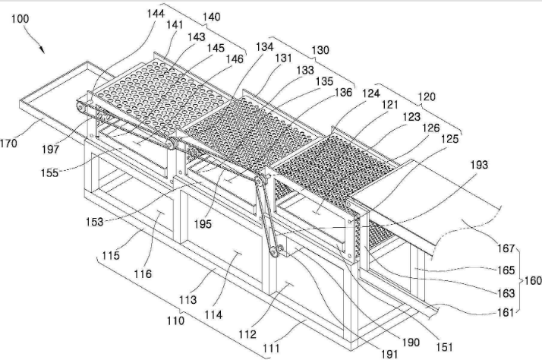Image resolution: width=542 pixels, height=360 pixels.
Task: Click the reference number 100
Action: (20, 19)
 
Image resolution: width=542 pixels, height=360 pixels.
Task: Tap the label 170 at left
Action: (8, 144)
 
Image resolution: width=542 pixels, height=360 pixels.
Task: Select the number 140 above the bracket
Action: (211, 17)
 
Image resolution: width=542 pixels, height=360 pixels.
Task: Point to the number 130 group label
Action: (320, 50)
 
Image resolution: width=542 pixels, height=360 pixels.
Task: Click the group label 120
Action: (427, 96)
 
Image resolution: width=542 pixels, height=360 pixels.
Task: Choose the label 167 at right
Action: (506, 248)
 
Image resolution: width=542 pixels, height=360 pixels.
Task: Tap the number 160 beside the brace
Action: (533, 280)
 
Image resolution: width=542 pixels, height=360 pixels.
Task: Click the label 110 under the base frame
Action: (175, 321)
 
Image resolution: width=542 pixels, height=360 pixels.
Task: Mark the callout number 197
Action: (51, 150)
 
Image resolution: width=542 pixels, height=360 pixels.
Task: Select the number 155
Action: (50, 172)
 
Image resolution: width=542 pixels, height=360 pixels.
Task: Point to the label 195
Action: (203, 224)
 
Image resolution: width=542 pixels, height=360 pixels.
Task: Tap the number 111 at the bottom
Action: (271, 348)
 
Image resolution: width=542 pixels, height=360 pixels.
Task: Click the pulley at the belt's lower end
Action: (274, 251)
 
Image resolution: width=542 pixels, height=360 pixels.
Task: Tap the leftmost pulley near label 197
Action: (80, 107)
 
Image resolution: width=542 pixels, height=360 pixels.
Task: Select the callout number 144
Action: (156, 14)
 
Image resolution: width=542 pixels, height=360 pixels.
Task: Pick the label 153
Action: (95, 221)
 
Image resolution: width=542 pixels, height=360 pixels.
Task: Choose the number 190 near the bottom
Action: (411, 343)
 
